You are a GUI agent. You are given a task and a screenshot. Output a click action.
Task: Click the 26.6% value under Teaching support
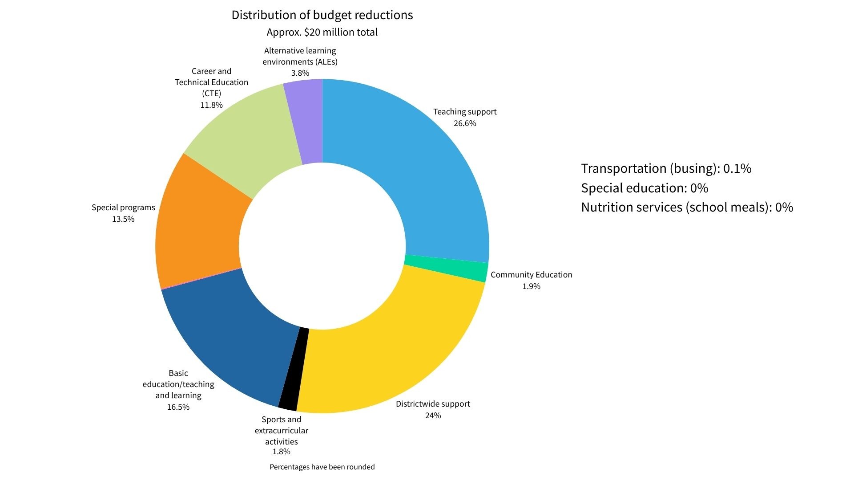coord(465,123)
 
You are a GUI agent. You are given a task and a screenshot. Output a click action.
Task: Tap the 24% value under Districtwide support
coord(433,416)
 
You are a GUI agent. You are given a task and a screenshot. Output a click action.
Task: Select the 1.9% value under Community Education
coord(531,286)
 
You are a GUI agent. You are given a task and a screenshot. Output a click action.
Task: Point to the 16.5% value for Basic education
coord(178,407)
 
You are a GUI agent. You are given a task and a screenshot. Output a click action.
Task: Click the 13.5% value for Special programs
coord(123,219)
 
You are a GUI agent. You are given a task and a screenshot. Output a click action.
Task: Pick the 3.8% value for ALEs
coord(300,73)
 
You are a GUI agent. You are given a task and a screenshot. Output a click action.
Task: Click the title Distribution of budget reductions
coord(322,15)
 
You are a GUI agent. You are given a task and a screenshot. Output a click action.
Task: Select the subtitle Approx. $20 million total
coord(322,33)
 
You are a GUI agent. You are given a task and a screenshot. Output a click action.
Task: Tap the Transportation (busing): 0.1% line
coord(666,168)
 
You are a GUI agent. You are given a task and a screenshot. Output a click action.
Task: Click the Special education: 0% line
coord(645,188)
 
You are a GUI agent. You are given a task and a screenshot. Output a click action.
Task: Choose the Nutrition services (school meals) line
coord(687,207)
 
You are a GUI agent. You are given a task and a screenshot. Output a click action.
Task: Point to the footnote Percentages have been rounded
coord(322,467)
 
